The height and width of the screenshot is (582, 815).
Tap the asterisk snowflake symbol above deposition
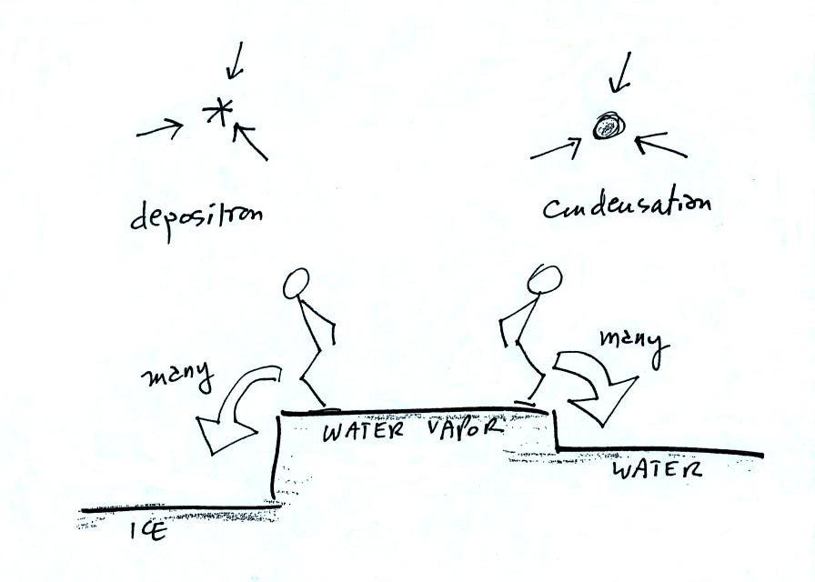[217, 114]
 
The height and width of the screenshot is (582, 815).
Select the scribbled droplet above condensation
[606, 127]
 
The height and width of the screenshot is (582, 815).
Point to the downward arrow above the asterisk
[235, 61]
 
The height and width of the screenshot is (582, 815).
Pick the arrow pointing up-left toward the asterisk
[250, 142]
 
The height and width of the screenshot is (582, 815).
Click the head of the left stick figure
[297, 284]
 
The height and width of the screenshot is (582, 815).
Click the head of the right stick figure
[544, 279]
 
